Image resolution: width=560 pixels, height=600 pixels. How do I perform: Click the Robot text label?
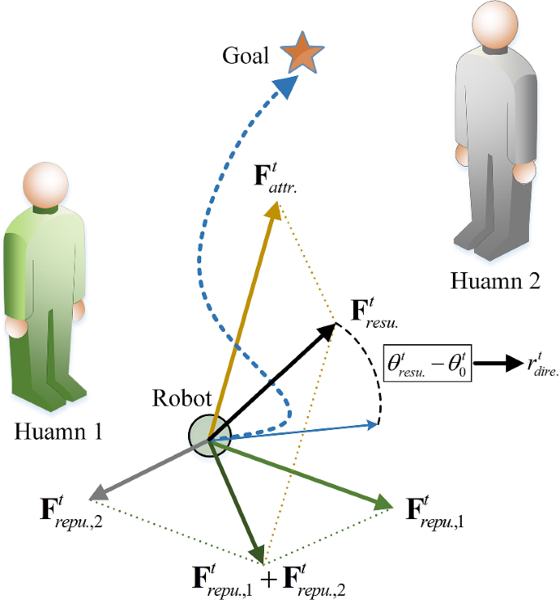[x=181, y=400]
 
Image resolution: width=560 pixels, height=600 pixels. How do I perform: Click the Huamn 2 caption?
[x=495, y=282]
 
